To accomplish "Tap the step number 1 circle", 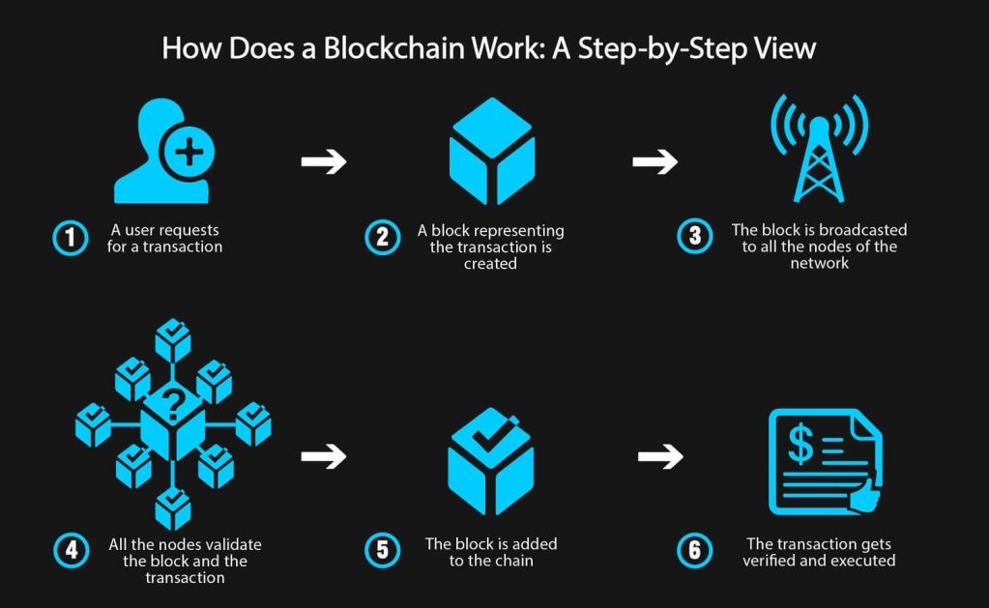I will tap(70, 238).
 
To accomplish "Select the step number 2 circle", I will tap(382, 238).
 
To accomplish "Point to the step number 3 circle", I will tap(694, 238).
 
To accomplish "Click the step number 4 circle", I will tap(70, 551).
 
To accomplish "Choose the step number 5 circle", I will tap(382, 551).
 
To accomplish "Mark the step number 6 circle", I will tap(694, 551).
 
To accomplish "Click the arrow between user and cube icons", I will tap(323, 161).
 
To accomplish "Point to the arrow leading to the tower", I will tap(654, 161).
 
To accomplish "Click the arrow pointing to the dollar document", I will tap(659, 455).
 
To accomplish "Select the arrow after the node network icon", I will tap(323, 455).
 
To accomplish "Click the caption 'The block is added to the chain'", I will tap(491, 552).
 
